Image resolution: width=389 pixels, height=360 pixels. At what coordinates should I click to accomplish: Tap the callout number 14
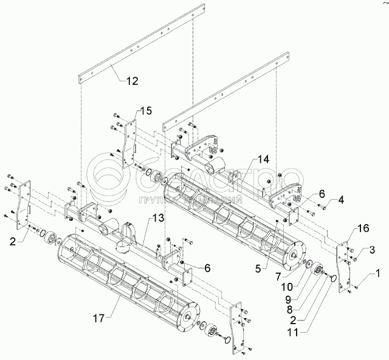263,159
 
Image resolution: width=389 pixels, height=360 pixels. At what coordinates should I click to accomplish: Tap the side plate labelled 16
344,264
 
